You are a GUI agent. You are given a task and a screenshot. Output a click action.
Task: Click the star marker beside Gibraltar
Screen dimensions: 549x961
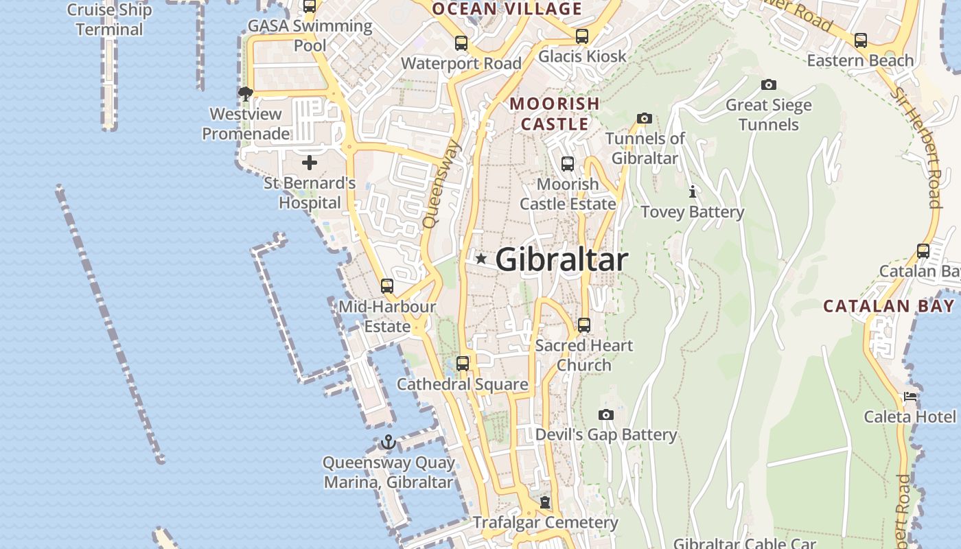click(x=481, y=259)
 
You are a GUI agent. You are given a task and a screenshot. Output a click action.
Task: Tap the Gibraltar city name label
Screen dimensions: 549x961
click(x=561, y=259)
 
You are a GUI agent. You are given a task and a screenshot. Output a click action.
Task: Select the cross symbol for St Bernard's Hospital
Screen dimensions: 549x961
click(x=310, y=163)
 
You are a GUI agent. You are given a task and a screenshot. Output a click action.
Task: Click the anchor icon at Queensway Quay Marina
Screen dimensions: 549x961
click(x=389, y=442)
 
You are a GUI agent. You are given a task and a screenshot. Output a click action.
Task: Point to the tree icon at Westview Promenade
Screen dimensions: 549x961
click(x=245, y=93)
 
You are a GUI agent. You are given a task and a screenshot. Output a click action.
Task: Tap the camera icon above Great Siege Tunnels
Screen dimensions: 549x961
click(x=769, y=85)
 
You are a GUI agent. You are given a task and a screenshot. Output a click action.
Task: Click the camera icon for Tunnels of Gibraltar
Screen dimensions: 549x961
click(x=644, y=118)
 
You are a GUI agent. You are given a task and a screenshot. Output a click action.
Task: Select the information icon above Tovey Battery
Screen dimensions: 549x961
click(x=693, y=191)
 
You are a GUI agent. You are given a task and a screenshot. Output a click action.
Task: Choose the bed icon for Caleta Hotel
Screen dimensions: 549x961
click(x=910, y=397)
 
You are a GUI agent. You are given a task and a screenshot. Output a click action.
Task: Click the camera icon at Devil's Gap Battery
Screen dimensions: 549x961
click(x=605, y=414)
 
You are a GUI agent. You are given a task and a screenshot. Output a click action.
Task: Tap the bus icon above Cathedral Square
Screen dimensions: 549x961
click(x=463, y=364)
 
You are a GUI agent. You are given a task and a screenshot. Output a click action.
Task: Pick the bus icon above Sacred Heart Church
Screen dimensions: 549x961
click(x=584, y=325)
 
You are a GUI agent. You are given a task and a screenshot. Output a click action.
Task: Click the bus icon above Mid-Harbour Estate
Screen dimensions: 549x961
click(x=387, y=285)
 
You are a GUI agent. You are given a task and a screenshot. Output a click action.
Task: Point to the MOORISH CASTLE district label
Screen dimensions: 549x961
click(x=555, y=114)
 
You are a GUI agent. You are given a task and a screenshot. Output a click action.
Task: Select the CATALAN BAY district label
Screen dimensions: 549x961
click(x=889, y=306)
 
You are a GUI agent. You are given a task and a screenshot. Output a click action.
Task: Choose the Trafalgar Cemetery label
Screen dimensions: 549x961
click(x=546, y=522)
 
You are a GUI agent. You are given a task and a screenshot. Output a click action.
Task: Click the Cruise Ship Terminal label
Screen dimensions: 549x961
click(x=110, y=20)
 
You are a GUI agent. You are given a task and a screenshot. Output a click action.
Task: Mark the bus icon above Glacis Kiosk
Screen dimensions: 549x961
click(x=582, y=36)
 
